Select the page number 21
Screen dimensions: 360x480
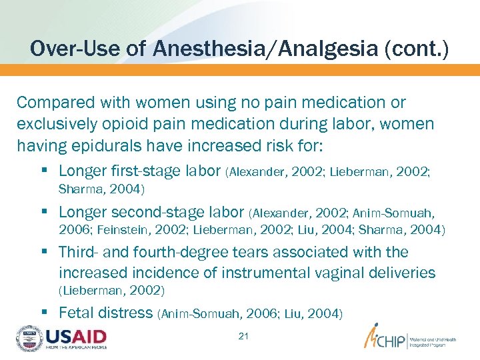tap(243, 336)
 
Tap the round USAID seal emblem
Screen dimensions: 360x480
tap(29, 339)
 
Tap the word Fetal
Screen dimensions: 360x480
tap(77, 313)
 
